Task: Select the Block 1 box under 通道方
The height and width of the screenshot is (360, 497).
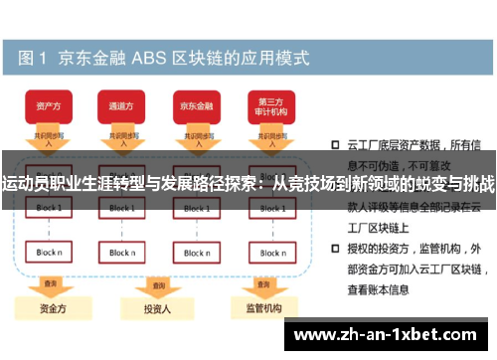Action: pyautogui.click(x=120, y=208)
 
